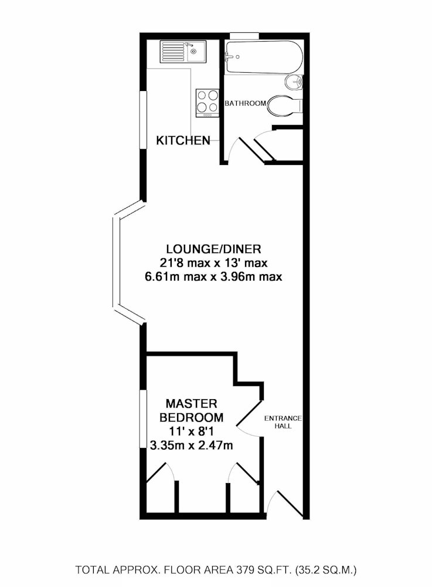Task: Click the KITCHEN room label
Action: click(183, 141)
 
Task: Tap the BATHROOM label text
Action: click(246, 103)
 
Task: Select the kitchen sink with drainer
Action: click(183, 52)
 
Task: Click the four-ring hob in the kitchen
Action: click(208, 102)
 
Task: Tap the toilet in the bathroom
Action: click(285, 106)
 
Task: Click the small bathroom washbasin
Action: click(294, 82)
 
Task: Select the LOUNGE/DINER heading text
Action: click(213, 249)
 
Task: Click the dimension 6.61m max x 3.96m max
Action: click(213, 277)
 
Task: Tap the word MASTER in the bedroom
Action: click(191, 404)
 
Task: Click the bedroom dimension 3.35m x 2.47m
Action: click(191, 446)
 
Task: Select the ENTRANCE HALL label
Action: click(283, 422)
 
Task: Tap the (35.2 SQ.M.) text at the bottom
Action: click(326, 570)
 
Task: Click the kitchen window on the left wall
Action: click(143, 120)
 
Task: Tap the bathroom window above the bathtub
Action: click(244, 36)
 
